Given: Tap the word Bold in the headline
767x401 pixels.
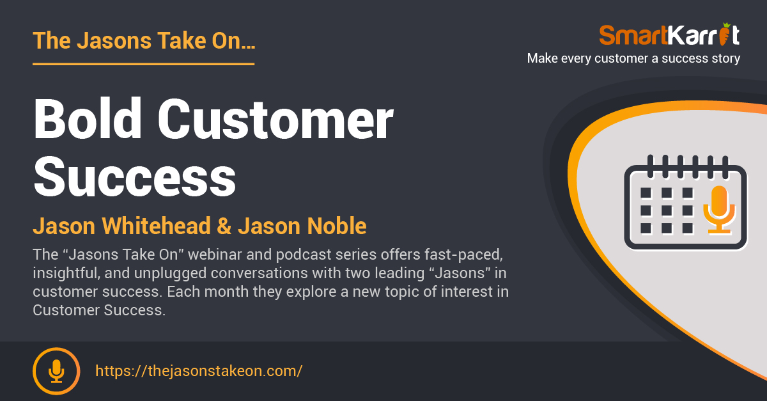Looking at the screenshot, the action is (x=88, y=118).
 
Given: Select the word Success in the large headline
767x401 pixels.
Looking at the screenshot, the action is (x=135, y=177).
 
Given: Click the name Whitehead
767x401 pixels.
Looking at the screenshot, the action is (x=156, y=226).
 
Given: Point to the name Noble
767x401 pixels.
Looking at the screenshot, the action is (x=337, y=226).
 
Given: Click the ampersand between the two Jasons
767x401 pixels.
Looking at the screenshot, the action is (x=224, y=226).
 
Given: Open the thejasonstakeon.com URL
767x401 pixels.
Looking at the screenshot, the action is (x=199, y=371).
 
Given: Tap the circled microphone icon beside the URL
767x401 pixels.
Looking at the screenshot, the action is (x=56, y=371).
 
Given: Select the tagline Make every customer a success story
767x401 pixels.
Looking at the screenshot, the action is (x=633, y=58).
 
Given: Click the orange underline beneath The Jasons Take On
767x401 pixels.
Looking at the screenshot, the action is (x=143, y=64).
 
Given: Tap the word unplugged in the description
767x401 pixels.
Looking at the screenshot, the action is (x=170, y=274).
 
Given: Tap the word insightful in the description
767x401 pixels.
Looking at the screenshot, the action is (x=66, y=274).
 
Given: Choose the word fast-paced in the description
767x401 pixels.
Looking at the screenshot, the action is (x=463, y=255).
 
